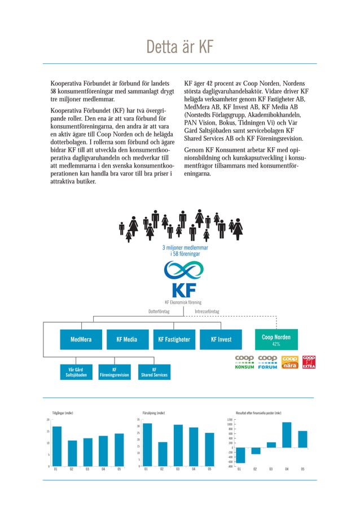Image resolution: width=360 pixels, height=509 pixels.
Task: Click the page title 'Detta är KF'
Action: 179,47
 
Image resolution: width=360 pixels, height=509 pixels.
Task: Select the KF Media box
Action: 126,340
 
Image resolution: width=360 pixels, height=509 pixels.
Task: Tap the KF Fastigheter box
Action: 174,340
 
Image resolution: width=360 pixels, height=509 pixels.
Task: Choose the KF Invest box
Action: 221,340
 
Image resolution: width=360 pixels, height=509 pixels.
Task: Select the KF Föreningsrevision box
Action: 115,372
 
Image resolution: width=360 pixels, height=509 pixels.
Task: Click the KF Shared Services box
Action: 153,372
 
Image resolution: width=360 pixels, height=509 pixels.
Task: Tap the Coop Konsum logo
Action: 244,362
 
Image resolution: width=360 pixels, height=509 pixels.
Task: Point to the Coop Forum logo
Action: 267,362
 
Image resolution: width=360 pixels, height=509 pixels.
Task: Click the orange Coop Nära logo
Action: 289,362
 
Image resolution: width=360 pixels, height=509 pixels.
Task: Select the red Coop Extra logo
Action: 309,362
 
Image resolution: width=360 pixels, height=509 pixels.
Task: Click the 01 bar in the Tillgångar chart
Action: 56,446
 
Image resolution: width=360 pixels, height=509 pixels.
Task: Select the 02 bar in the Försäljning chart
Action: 162,454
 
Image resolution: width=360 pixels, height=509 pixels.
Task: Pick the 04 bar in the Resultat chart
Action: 287,435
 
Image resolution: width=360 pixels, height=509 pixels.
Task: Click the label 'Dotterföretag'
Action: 159,311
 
